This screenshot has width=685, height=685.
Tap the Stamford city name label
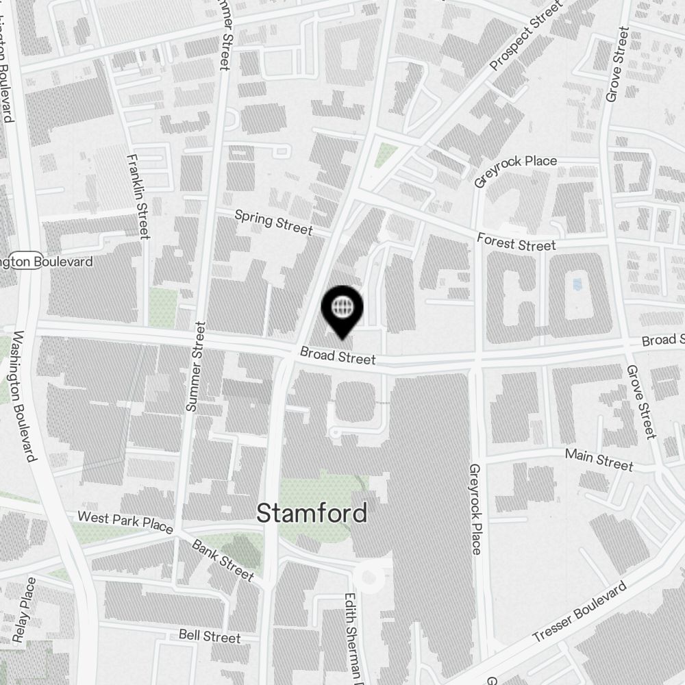(312, 513)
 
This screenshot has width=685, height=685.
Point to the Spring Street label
(273, 222)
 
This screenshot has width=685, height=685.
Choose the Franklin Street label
(138, 196)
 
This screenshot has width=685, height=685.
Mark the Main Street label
(599, 459)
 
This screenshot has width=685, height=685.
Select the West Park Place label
(125, 521)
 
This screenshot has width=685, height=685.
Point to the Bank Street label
(223, 560)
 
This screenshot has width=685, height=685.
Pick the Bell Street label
(210, 636)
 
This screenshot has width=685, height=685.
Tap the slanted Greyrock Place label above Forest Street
(516, 170)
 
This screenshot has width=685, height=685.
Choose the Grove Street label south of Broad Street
(641, 401)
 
